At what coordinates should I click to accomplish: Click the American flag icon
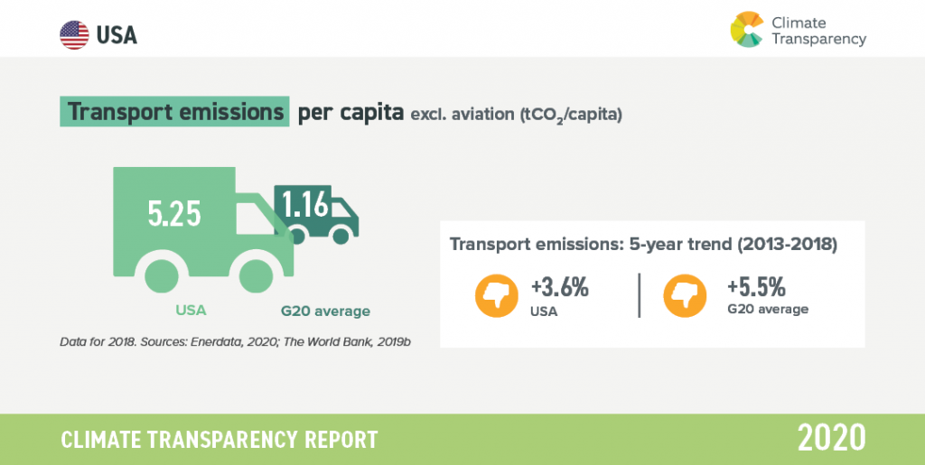74,35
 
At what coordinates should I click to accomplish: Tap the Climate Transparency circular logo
747,29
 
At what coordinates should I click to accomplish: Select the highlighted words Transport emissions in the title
174,111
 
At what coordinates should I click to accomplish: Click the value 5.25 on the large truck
174,214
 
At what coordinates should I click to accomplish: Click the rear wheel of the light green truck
161,275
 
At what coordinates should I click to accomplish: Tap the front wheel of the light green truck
256,275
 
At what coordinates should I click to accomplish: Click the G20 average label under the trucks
325,312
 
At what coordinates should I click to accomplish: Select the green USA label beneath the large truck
192,310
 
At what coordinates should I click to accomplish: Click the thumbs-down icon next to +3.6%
497,296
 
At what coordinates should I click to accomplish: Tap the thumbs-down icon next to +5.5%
685,296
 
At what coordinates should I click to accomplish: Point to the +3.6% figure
560,288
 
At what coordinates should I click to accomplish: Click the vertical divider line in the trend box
640,295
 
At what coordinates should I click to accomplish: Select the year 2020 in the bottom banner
832,438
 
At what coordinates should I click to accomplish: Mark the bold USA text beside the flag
117,35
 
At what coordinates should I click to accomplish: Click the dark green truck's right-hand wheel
341,236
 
